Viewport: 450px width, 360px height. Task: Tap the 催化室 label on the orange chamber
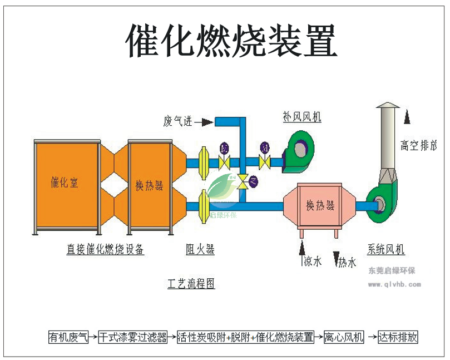click(x=65, y=182)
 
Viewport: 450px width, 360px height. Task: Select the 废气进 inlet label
click(x=177, y=121)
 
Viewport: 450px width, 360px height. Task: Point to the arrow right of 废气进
click(x=205, y=121)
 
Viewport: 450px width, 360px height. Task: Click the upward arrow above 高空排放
click(x=408, y=117)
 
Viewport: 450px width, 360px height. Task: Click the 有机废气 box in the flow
click(x=68, y=337)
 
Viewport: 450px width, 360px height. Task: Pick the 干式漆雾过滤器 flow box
click(x=133, y=337)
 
